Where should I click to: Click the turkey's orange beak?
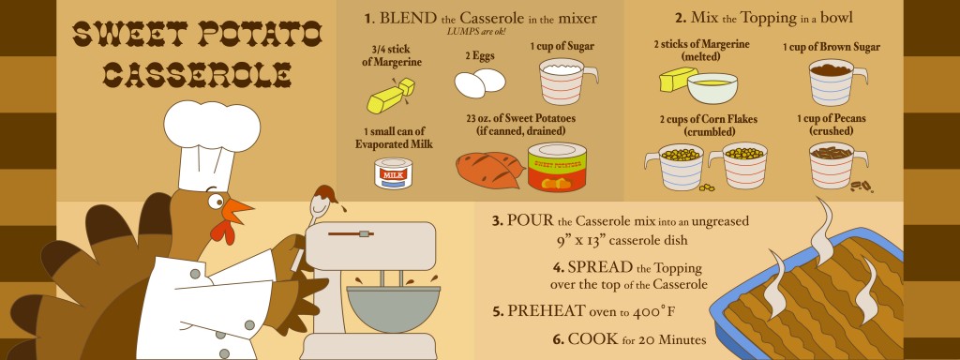[236, 210]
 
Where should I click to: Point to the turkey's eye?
[215, 201]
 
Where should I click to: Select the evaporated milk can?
[393, 172]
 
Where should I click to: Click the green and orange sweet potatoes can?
[557, 167]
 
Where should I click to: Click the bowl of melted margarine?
[712, 88]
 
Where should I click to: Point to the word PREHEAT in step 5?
[547, 311]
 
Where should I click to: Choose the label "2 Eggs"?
[479, 55]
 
